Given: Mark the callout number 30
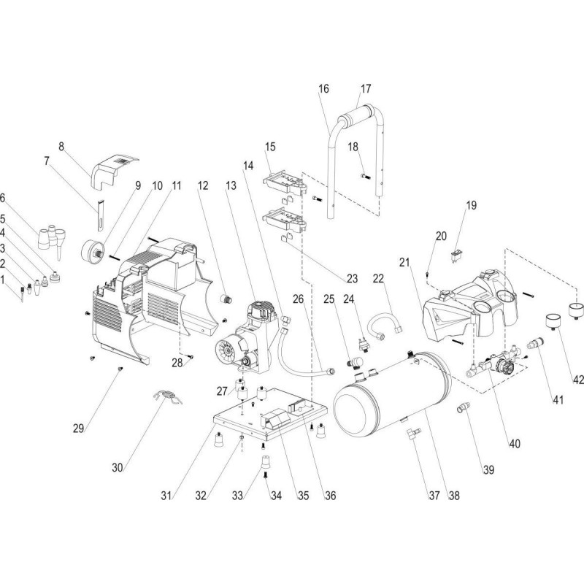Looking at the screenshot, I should [116, 466].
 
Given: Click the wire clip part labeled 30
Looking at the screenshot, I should [166, 399].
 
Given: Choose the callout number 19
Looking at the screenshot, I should [471, 205].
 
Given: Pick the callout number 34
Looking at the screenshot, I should [277, 495].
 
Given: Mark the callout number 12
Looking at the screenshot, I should [204, 186].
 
